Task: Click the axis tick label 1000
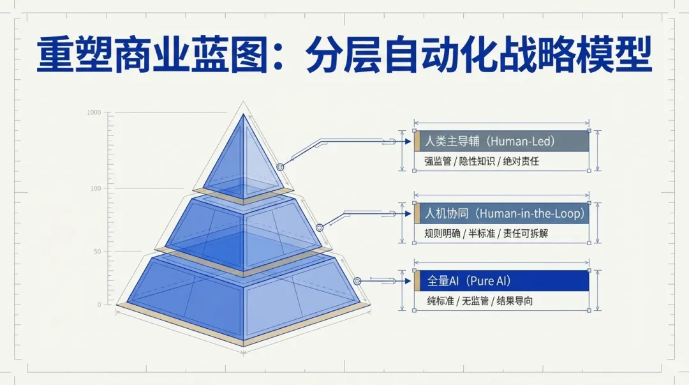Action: point(94,113)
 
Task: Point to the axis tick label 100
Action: point(95,188)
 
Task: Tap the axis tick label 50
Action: point(97,252)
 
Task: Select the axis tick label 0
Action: point(99,305)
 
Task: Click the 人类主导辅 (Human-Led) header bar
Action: point(504,140)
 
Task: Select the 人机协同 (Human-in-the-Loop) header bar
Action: point(504,213)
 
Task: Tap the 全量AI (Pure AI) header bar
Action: point(504,281)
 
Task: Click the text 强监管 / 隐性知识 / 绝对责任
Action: point(482,162)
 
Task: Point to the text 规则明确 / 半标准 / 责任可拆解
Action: point(486,234)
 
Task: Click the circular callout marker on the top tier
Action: point(280,167)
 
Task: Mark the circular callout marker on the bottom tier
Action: point(357,281)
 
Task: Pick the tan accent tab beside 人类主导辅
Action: point(417,140)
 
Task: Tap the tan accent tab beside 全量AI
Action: point(417,281)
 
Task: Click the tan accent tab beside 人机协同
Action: point(417,213)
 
